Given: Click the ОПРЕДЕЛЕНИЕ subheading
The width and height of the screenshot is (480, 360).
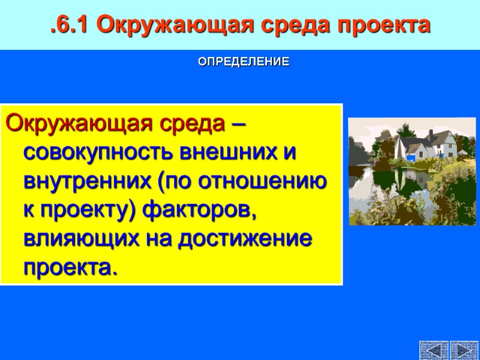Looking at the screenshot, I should coord(244,62).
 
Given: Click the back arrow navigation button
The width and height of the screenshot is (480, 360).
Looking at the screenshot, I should coord(433,350).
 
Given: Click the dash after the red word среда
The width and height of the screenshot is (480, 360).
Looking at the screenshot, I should coord(238,125).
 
